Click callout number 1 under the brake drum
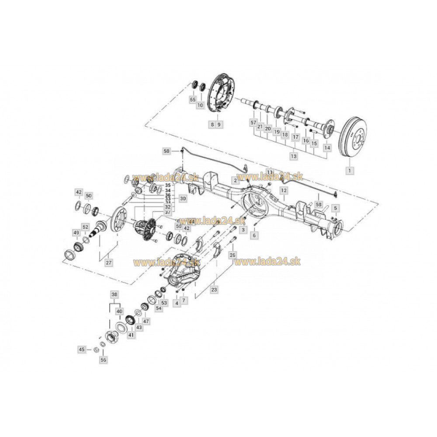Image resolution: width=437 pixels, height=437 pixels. [349, 169]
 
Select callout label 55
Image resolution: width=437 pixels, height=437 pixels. [193, 100]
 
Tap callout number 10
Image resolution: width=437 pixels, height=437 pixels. [201, 105]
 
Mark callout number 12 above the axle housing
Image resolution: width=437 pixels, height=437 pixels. [284, 191]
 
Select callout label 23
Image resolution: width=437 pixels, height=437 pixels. [214, 289]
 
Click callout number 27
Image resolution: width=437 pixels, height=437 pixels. [108, 263]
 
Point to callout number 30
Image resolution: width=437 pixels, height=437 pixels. [182, 198]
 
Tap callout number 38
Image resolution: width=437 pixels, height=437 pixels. [114, 295]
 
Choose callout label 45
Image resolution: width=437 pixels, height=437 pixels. [81, 349]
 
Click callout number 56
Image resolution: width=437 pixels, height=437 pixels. [103, 360]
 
